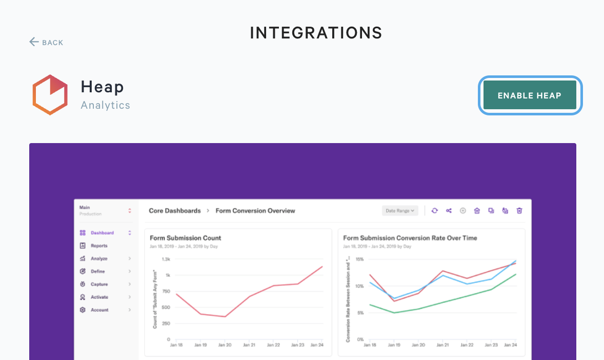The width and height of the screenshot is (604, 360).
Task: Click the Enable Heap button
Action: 530,95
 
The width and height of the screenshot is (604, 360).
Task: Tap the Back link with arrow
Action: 46,43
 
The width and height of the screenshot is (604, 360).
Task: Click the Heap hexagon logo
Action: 50,95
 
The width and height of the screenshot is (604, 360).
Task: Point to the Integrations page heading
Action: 316,33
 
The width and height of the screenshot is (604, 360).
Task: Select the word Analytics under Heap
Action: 106,106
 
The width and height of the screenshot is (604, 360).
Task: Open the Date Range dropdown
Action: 400,211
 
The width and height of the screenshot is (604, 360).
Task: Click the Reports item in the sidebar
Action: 99,246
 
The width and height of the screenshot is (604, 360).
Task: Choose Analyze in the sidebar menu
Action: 99,258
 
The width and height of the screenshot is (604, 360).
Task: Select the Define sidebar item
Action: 97,271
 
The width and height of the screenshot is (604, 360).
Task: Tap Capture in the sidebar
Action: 99,284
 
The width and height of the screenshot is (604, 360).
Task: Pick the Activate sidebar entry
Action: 99,297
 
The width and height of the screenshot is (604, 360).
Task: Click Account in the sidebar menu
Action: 99,310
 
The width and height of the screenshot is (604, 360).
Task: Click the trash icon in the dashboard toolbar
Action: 519,211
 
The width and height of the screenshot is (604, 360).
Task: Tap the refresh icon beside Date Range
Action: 435,211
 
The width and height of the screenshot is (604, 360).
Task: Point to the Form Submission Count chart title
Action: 186,238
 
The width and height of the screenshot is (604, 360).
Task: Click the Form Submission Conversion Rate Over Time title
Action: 410,238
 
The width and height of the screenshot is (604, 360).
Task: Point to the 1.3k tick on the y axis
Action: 166,259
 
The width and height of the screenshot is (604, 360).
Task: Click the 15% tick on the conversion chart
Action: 359,259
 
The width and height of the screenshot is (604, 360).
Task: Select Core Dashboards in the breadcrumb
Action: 175,211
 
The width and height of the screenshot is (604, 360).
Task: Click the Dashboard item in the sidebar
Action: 102,233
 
